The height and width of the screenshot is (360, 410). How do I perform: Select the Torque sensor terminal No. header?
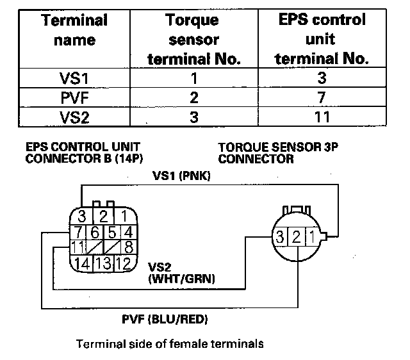click(193, 40)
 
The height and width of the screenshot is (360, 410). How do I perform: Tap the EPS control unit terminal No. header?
click(322, 39)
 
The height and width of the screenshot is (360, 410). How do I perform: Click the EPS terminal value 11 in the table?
click(322, 117)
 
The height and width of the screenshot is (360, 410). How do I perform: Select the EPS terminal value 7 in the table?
click(322, 98)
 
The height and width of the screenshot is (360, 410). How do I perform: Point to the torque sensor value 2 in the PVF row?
click(193, 98)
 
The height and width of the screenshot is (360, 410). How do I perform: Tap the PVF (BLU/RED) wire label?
click(165, 318)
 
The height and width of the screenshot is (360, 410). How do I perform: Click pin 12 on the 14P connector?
click(126, 263)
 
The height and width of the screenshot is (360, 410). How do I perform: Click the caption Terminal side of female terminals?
click(170, 344)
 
